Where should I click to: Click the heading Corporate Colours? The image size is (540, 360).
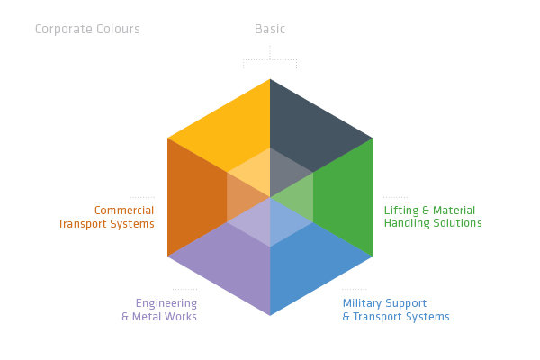pos(87,29)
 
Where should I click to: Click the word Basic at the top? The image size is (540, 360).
pos(270,29)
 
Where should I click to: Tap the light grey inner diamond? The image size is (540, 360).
pos(290,171)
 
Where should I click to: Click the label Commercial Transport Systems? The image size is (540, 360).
pos(106,217)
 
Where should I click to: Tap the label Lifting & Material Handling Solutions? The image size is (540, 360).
pos(433,217)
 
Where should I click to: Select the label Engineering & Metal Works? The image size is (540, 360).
pos(159,310)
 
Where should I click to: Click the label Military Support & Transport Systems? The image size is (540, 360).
pos(395,310)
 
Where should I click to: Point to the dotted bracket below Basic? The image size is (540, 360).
pos(270,60)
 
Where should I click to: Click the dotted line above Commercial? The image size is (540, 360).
pos(142,197)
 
